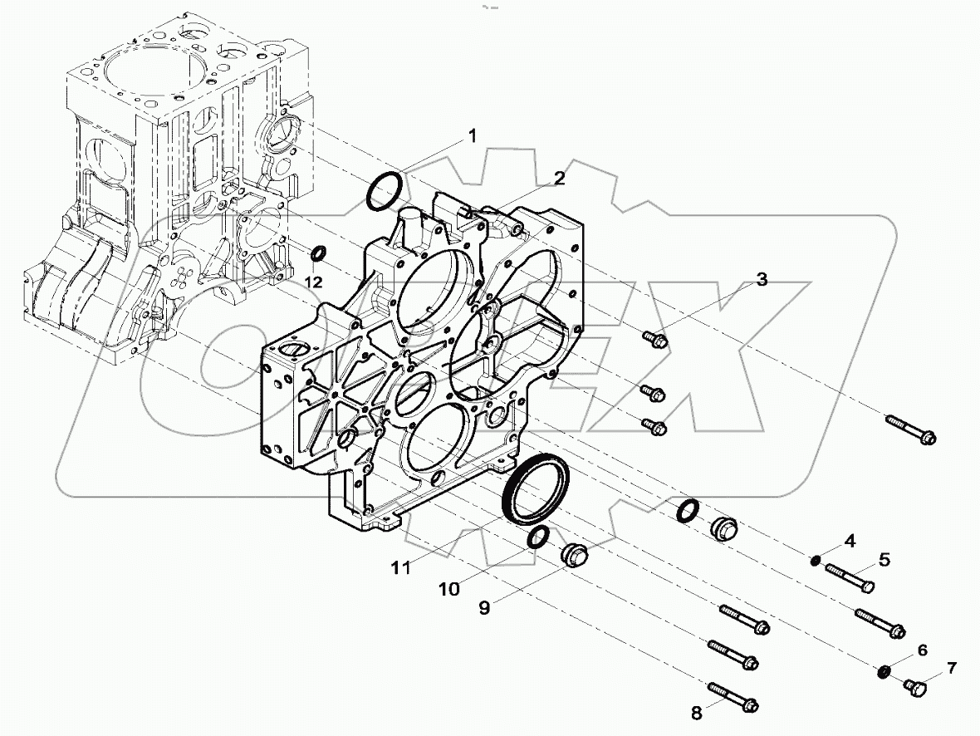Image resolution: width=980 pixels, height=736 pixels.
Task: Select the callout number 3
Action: [761, 280]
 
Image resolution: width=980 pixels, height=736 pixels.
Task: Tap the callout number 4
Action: [849, 542]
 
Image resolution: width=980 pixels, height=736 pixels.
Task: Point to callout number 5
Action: [884, 560]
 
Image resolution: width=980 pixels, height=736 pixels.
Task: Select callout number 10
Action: [449, 589]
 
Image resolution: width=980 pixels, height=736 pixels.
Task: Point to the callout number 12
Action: [312, 282]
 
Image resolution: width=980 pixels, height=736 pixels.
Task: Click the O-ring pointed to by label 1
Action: [385, 192]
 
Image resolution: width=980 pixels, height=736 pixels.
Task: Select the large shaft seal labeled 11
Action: [536, 489]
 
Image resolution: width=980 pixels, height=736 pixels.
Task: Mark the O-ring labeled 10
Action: [537, 538]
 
